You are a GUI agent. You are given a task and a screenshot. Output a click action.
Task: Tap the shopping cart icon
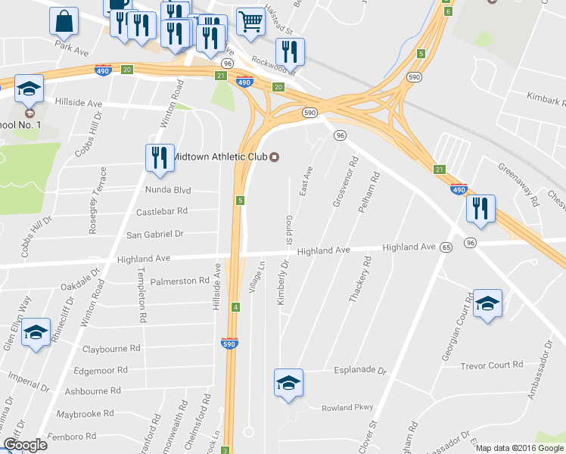tap(250, 22)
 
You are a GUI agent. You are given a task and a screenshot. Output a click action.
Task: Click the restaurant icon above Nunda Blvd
tap(160, 157)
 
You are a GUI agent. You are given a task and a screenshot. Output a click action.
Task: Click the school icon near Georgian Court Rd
tap(488, 303)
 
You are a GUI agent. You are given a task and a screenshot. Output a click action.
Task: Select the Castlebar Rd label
tap(161, 212)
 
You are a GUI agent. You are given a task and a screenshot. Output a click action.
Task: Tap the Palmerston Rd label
tap(179, 281)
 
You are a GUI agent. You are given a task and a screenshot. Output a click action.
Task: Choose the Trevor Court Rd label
tap(491, 365)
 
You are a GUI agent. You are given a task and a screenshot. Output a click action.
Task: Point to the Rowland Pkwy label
tap(347, 407)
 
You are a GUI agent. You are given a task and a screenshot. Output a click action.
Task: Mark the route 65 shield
tap(446, 247)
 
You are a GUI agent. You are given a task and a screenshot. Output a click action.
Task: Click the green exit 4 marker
tap(236, 306)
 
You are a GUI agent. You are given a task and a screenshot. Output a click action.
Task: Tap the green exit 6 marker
tap(448, 11)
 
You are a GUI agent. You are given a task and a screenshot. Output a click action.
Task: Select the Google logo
tap(25, 445)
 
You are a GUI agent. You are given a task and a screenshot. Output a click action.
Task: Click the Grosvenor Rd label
tap(345, 182)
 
